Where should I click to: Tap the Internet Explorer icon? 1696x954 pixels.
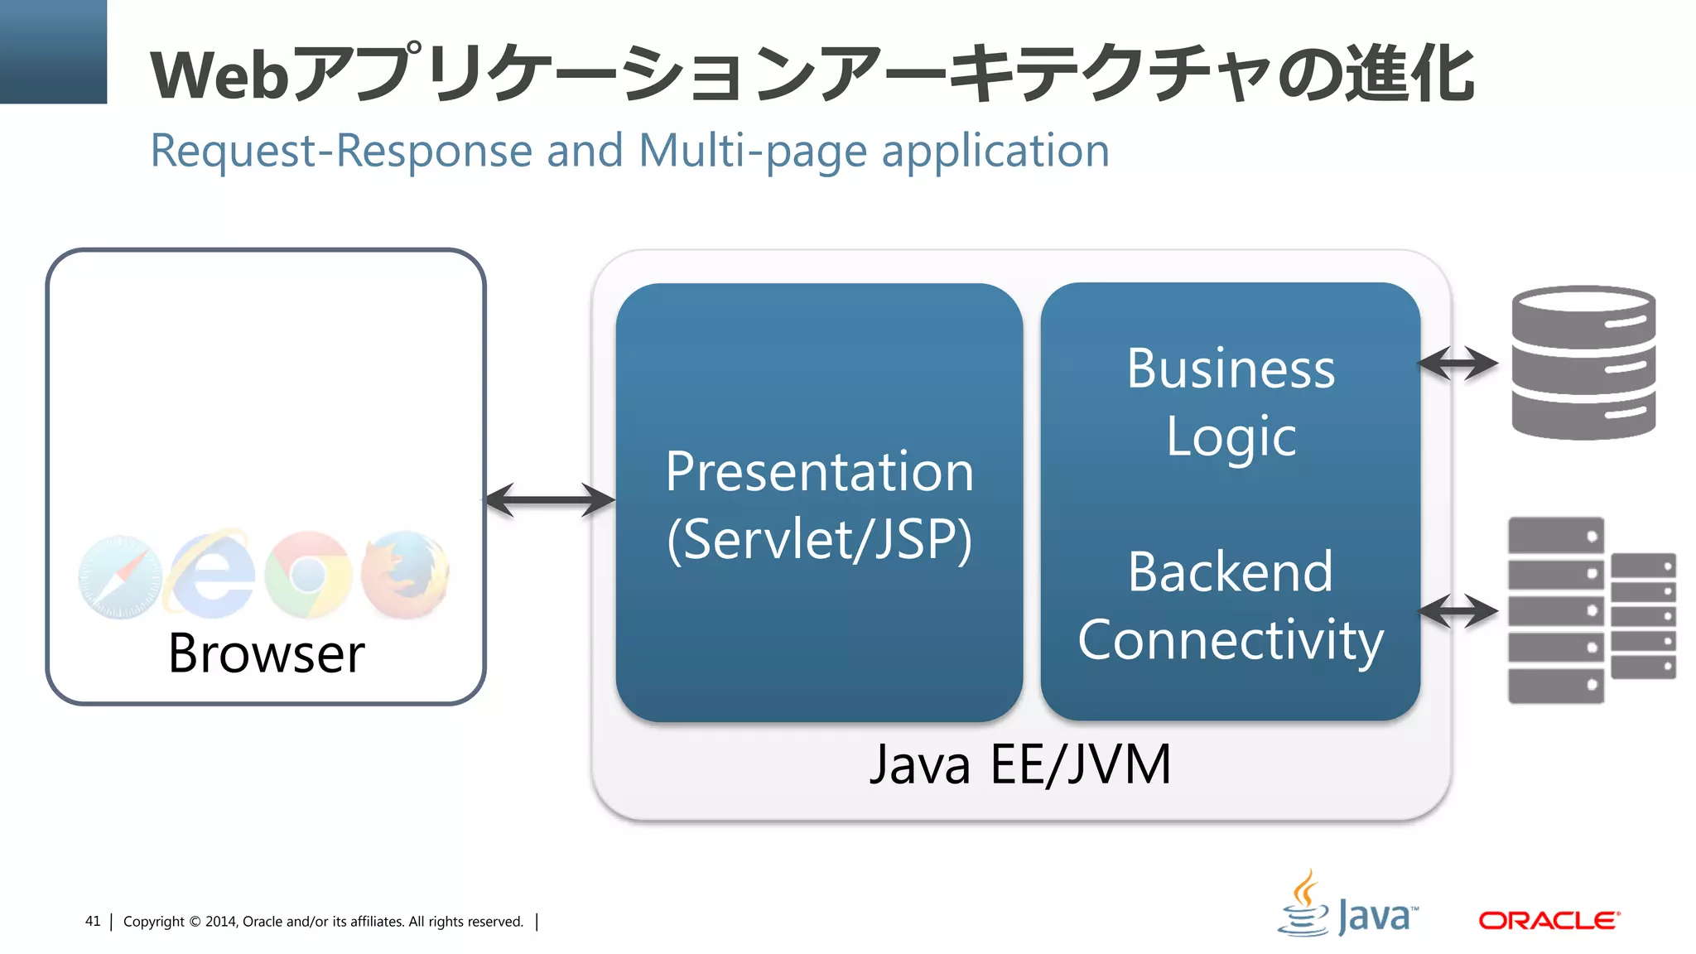pyautogui.click(x=212, y=574)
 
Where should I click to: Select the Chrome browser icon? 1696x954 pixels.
pyautogui.click(x=308, y=574)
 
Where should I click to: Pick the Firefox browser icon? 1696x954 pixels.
pyautogui.click(x=406, y=574)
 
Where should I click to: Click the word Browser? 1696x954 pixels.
pyautogui.click(x=266, y=653)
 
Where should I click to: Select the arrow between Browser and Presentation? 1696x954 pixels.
pyautogui.click(x=550, y=500)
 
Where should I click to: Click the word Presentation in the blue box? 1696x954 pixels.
pyautogui.click(x=819, y=472)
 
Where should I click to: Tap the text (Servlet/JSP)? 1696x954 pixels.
pyautogui.click(x=819, y=540)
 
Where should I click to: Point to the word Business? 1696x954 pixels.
pyautogui.click(x=1231, y=369)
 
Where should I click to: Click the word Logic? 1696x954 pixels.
pyautogui.click(x=1231, y=436)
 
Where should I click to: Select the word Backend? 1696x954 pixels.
pyautogui.click(x=1231, y=571)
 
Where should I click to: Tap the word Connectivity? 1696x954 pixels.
pyautogui.click(x=1231, y=640)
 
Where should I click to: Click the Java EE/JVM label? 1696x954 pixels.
pyautogui.click(x=1020, y=764)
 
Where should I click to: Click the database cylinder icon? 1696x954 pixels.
pyautogui.click(x=1583, y=362)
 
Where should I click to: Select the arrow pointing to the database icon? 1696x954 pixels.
pyautogui.click(x=1457, y=363)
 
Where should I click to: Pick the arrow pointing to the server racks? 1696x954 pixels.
pyautogui.click(x=1457, y=611)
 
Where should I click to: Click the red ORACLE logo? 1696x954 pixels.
pyautogui.click(x=1549, y=920)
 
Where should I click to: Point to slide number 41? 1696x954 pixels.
pyautogui.click(x=93, y=921)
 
